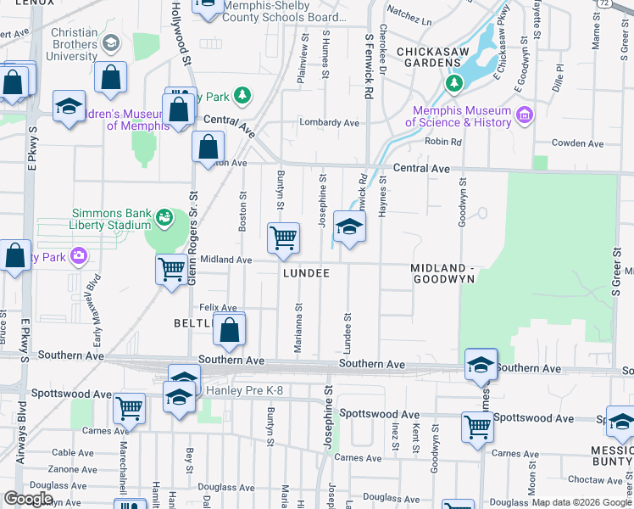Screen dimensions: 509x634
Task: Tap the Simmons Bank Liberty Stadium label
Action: pos(110,218)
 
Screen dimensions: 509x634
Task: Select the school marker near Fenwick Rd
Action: pos(349,227)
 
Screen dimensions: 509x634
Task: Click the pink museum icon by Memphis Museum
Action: pos(525,115)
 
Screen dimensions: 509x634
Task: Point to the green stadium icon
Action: pos(164,221)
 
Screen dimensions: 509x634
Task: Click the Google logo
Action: pos(27,499)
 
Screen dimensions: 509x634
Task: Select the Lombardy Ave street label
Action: pos(330,122)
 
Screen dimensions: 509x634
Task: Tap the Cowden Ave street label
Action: pos(577,143)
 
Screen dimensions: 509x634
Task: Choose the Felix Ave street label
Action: pos(218,307)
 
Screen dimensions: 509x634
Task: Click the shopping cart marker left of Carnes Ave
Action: pos(129,409)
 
